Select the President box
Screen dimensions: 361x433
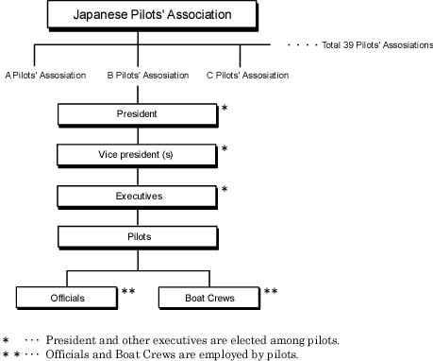point(137,113)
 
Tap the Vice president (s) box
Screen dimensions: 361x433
point(137,154)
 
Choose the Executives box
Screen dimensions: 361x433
point(137,196)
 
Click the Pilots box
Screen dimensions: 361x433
point(137,236)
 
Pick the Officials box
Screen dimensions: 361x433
point(67,297)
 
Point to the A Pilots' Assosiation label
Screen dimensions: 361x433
point(45,75)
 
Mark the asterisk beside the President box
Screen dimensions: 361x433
point(225,110)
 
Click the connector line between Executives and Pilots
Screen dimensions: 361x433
point(137,215)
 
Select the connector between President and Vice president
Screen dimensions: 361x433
point(137,134)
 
